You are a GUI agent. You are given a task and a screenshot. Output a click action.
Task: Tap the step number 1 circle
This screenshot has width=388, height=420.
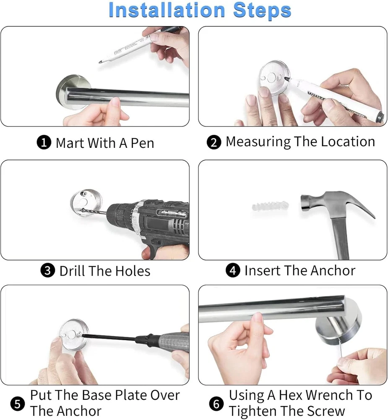click(x=44, y=142)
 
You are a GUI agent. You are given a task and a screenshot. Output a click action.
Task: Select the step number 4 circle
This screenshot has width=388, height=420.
click(x=233, y=270)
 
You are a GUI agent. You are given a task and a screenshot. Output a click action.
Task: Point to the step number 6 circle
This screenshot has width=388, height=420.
click(x=216, y=403)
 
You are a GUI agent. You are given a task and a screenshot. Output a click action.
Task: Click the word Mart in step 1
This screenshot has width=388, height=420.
click(x=70, y=143)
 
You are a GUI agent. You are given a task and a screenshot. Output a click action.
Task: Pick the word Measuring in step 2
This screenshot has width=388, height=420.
click(x=258, y=142)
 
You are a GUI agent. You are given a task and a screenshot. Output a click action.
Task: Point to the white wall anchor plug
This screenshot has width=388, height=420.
click(x=270, y=206)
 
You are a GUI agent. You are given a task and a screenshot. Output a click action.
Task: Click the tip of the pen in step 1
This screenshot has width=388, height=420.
click(x=100, y=63)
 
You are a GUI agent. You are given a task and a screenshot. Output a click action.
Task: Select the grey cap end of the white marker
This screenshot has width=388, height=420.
click(x=380, y=116)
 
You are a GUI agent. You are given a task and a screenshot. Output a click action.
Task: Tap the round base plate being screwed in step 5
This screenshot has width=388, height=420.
click(x=73, y=335)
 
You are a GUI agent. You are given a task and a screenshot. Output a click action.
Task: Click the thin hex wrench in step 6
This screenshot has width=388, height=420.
click(x=341, y=348)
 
